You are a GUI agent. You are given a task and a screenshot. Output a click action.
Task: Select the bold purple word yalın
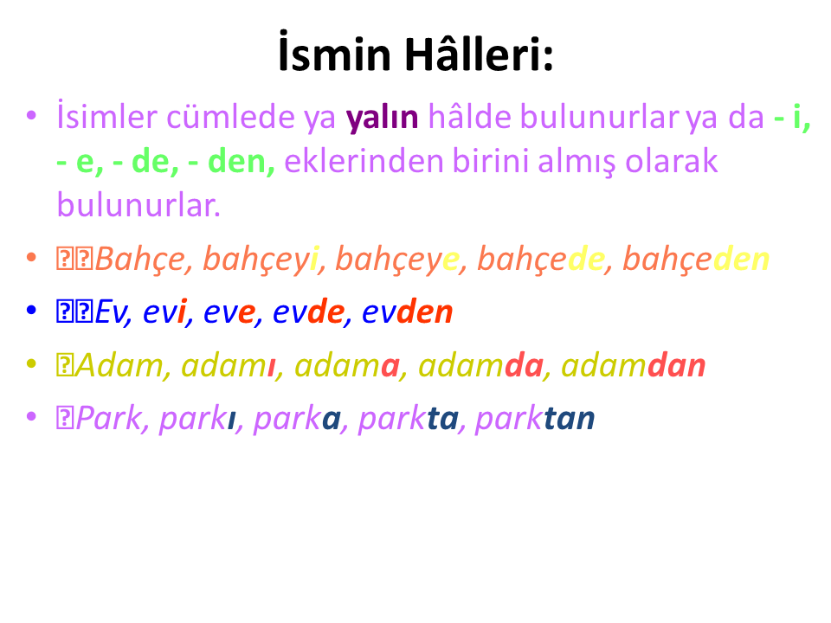coord(382,119)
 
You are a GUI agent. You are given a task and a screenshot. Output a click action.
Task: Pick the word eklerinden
coord(364,161)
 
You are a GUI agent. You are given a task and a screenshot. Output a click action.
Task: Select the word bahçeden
coord(696,259)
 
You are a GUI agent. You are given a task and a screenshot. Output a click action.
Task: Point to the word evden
coord(407,311)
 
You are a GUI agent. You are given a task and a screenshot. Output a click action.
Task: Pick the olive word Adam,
coord(123,365)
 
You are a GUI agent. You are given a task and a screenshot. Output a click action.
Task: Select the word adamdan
coord(634,365)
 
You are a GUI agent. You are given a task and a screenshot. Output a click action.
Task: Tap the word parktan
coord(535,419)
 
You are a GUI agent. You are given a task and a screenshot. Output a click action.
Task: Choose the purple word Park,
coord(113,419)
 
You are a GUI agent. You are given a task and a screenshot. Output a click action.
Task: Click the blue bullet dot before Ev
coord(31,310)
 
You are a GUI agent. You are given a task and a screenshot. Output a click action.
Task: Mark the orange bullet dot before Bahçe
coord(31,258)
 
